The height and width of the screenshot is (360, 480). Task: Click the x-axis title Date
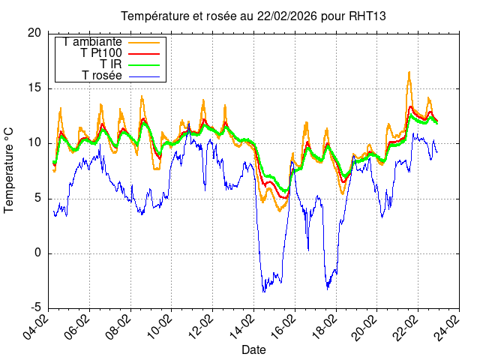[253, 350]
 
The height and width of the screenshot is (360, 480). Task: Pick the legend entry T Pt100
[101, 53]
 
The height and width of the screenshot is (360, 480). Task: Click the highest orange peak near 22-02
[409, 72]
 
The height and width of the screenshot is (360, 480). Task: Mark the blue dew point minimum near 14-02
[263, 292]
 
